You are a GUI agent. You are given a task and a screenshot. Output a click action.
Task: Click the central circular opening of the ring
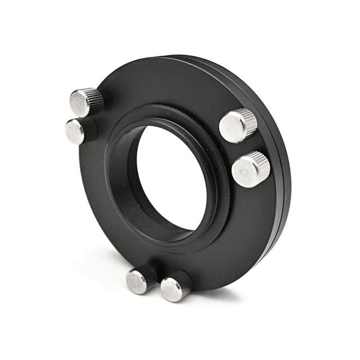[166, 175]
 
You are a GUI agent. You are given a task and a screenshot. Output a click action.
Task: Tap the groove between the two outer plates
[281, 148]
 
